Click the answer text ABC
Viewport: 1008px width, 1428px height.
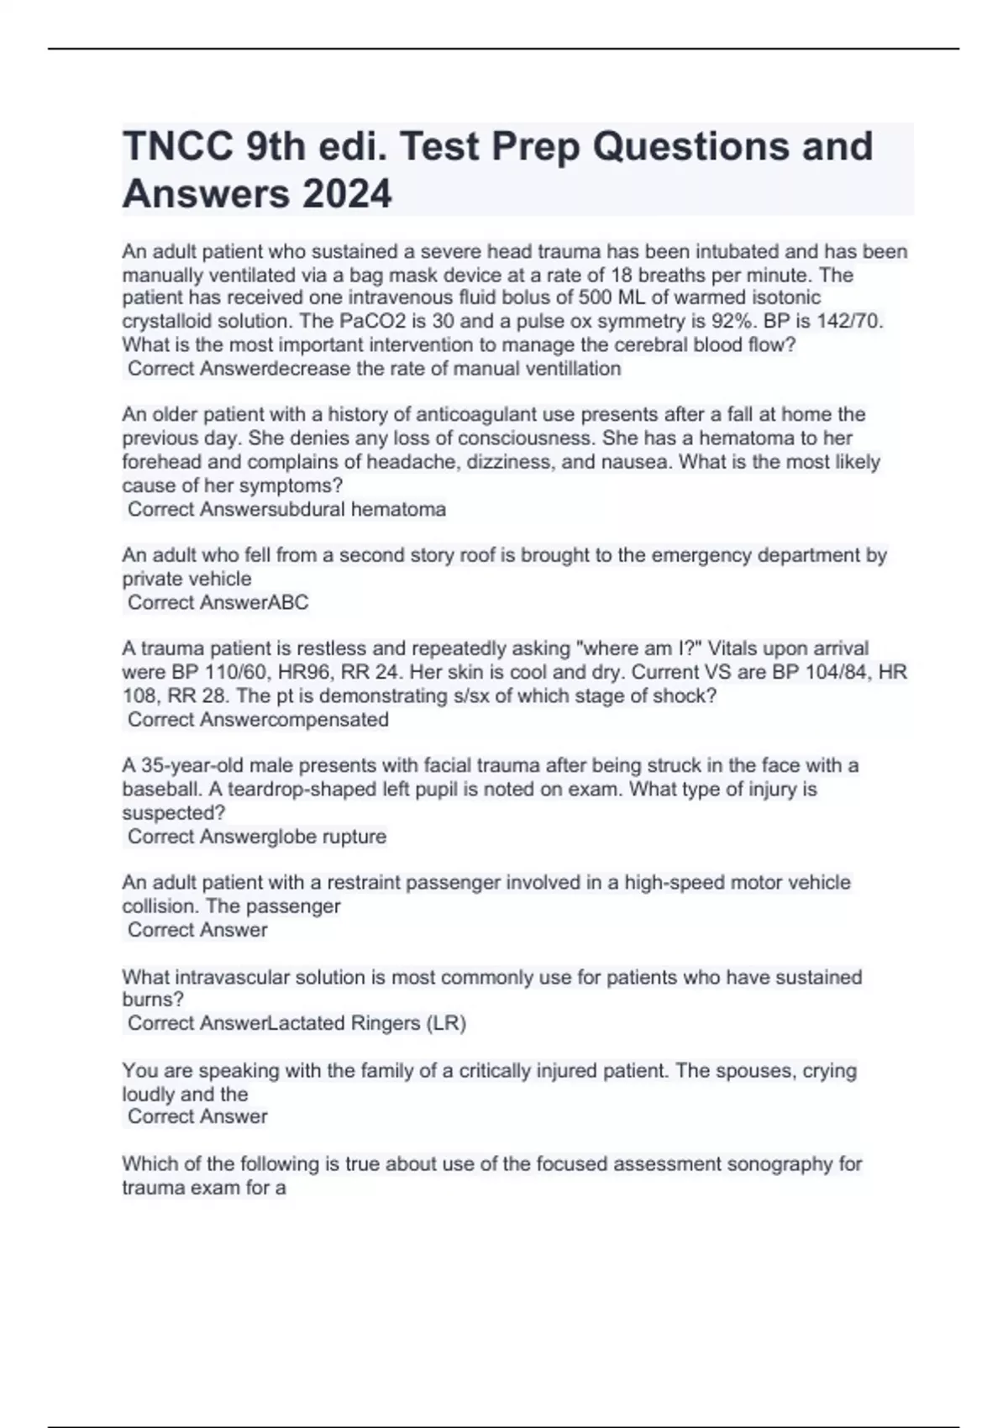(287, 602)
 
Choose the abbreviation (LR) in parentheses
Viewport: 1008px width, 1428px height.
(446, 1023)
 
